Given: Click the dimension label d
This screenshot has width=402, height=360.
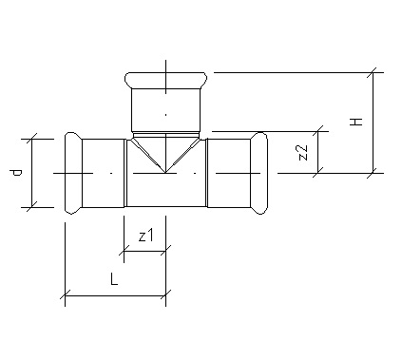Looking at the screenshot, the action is pyautogui.click(x=15, y=173).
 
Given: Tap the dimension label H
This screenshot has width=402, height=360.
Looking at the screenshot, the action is pyautogui.click(x=356, y=122).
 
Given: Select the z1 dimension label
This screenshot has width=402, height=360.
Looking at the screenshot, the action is pyautogui.click(x=145, y=236).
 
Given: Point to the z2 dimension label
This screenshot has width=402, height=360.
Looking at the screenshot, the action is pyautogui.click(x=303, y=152).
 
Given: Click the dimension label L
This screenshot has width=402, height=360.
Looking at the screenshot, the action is pyautogui.click(x=114, y=279).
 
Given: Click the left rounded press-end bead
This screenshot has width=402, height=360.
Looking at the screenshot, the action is pyautogui.click(x=73, y=173).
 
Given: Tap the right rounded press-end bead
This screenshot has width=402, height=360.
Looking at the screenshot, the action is pyautogui.click(x=259, y=173).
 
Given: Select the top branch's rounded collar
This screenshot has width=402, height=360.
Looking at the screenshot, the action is pyautogui.click(x=166, y=81).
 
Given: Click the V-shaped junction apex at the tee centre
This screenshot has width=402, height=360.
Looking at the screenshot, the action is pyautogui.click(x=165, y=173).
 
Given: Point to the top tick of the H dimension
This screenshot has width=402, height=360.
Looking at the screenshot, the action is pyautogui.click(x=373, y=72).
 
